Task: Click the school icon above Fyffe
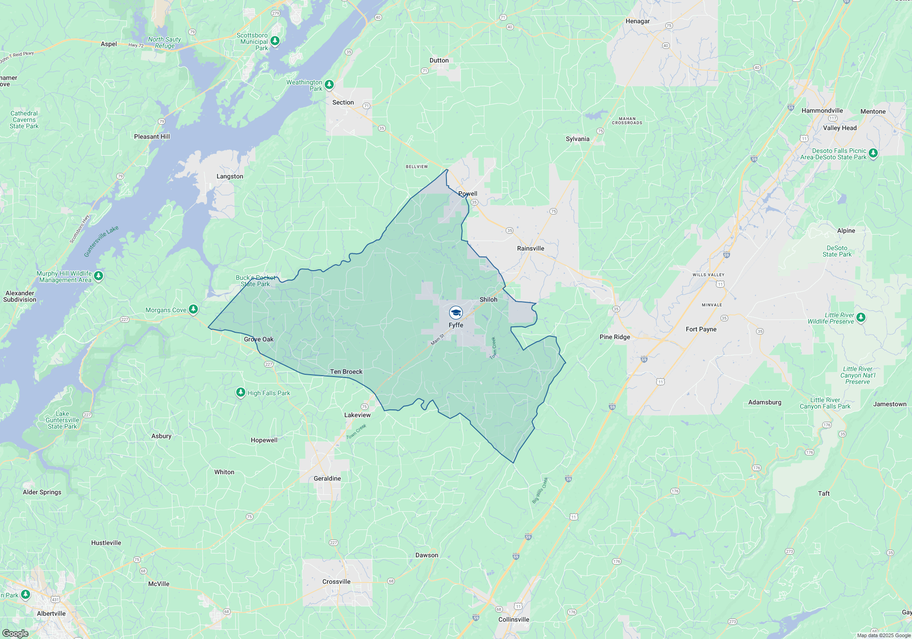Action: (456, 313)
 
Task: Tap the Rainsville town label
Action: (530, 248)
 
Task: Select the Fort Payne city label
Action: (701, 329)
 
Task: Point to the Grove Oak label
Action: (259, 339)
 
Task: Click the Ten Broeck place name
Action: (346, 372)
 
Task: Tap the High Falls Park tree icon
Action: (240, 392)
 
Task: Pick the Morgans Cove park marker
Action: (193, 309)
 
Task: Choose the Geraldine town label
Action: (327, 478)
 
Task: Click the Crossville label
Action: (336, 581)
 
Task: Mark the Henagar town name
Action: (637, 21)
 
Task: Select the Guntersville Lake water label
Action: (101, 241)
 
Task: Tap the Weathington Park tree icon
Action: (329, 84)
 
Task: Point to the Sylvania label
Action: (577, 139)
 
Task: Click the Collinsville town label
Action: (513, 619)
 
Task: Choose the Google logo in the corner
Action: (16, 633)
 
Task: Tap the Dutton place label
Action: (439, 60)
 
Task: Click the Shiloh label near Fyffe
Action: (488, 299)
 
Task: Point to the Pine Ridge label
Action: (615, 337)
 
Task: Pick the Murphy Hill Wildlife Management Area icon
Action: (98, 275)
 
